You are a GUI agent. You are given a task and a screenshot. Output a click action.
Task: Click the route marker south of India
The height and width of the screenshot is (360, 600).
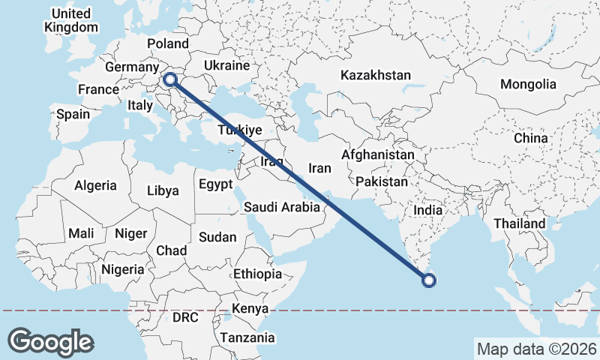(x=428, y=280)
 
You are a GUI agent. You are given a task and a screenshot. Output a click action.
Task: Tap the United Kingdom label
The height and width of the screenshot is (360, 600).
(x=71, y=20)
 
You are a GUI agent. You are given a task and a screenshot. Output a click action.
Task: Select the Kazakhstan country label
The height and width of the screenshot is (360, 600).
(x=376, y=75)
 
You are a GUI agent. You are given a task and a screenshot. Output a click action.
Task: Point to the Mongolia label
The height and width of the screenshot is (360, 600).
(x=528, y=84)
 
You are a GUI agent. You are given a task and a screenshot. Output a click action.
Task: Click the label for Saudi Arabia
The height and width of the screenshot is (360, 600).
(x=282, y=206)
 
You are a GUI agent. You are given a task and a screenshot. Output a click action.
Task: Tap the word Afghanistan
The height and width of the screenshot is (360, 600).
(x=377, y=155)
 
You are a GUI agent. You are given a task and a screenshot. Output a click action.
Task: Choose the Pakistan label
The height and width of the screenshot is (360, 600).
(x=382, y=181)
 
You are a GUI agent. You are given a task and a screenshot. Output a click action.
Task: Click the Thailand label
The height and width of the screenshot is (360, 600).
(x=519, y=223)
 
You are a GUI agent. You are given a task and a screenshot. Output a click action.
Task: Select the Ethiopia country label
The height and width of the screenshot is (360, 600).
(x=257, y=274)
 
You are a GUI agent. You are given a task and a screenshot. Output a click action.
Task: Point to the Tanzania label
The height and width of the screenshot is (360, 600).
(x=247, y=337)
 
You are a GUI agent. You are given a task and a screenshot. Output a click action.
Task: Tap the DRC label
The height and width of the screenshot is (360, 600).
(x=185, y=317)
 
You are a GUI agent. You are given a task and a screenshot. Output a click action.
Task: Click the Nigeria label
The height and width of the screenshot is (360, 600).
(x=122, y=268)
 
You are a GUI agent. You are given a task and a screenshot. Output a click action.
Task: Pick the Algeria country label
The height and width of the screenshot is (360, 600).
(x=95, y=184)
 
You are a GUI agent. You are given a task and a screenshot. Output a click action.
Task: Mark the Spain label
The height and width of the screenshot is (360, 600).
(x=73, y=115)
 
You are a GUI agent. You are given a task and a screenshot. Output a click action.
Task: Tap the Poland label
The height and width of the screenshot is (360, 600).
(x=168, y=43)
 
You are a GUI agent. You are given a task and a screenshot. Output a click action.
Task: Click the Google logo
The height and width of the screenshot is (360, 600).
(x=50, y=341)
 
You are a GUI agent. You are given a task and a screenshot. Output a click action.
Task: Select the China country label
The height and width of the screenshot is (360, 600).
(x=531, y=139)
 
